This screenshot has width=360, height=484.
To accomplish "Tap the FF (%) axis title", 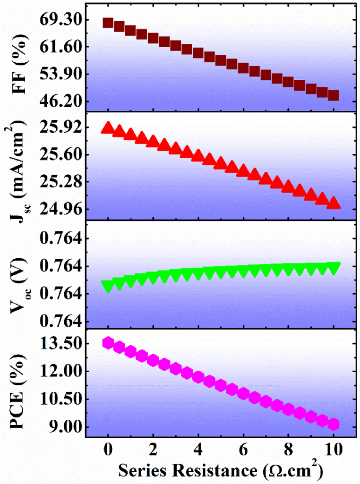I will point(19,60).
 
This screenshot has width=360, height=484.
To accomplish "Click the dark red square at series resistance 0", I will point(108,23).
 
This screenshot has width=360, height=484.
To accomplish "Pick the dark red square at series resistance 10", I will point(334,95).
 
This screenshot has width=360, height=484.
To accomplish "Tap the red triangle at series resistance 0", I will point(108,127).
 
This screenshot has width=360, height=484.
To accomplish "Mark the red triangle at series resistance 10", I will point(334,203).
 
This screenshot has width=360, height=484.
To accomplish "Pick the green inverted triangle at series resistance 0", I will point(108,286).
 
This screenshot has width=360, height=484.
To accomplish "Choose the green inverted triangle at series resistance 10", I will point(334,268).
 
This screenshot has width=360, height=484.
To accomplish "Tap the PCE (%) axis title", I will point(19,386).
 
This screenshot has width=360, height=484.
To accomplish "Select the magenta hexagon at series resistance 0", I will point(108,343).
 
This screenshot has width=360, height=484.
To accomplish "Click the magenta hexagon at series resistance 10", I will point(334,424).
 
